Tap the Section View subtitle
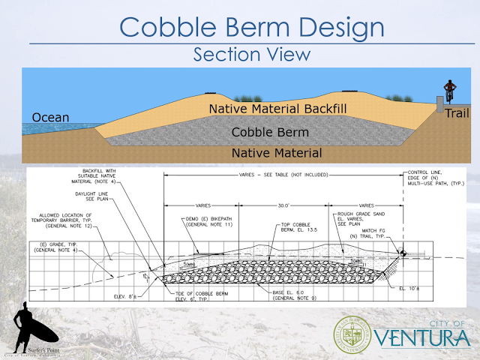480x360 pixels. (250, 55)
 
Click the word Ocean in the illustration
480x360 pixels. (50, 118)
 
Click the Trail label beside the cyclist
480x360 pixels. (457, 113)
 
